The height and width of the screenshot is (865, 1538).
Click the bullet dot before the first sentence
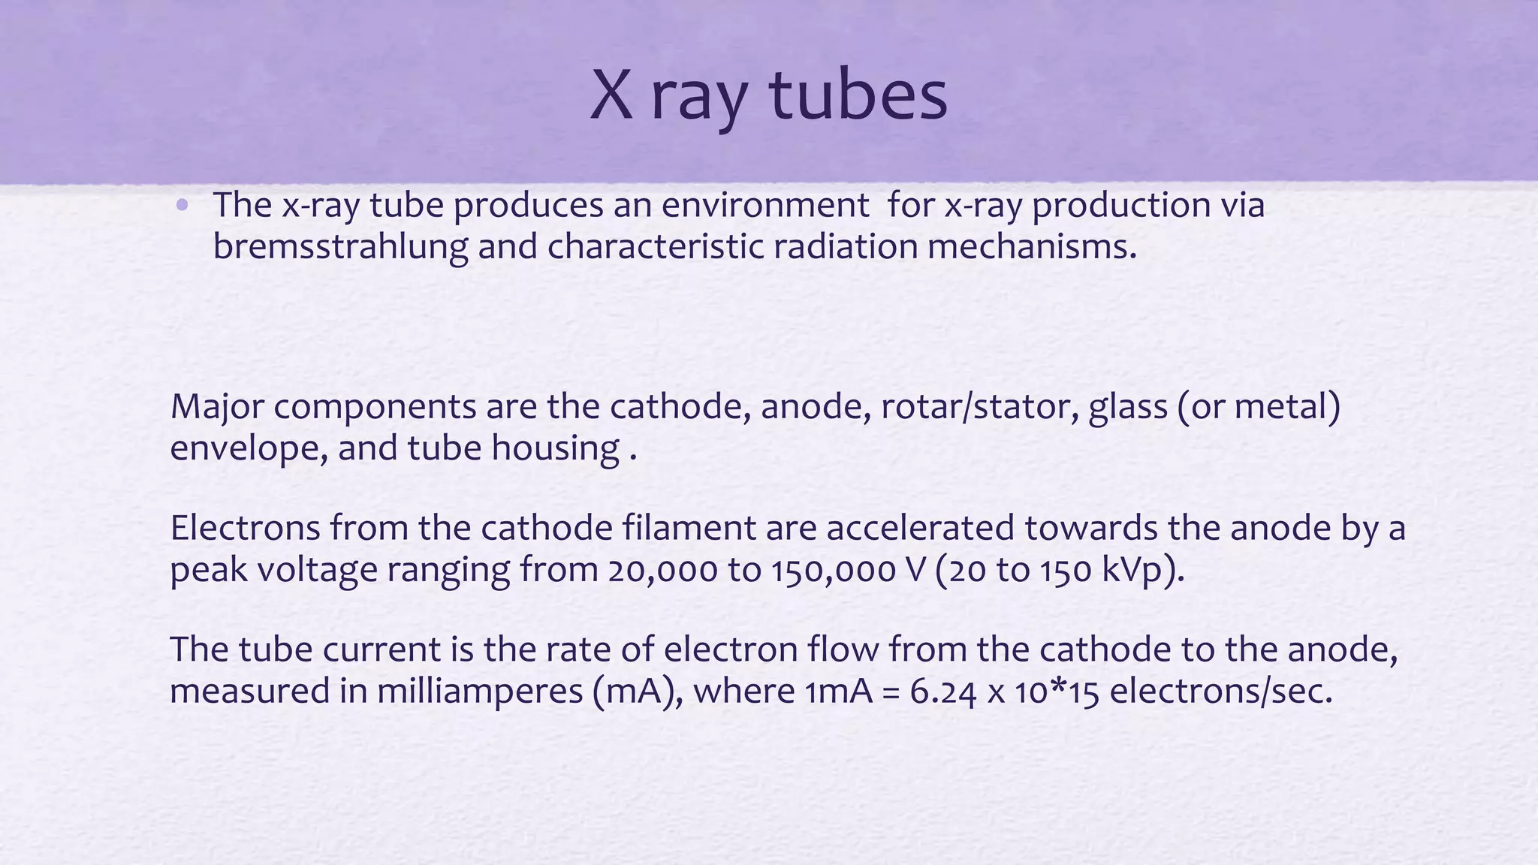tap(182, 205)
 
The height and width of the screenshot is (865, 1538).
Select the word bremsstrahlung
tap(340, 247)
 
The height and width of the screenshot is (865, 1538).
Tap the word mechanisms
tap(1032, 247)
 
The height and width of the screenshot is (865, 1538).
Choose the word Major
tap(216, 408)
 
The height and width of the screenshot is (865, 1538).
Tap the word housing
tap(556, 449)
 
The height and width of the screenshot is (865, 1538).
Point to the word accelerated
tap(921, 528)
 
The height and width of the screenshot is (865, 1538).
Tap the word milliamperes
tap(480, 692)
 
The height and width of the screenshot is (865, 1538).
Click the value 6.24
tap(942, 692)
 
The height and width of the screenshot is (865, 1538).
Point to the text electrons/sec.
tap(1220, 692)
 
